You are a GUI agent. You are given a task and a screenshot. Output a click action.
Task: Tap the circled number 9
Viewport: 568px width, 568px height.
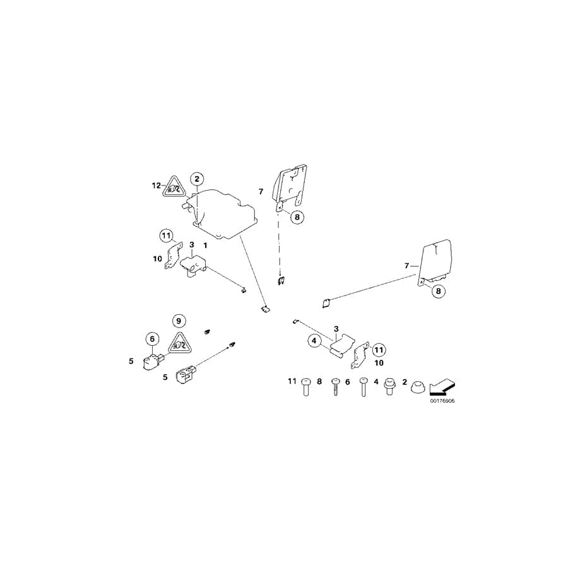(177, 321)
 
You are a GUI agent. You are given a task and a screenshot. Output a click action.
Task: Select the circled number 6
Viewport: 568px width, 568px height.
(151, 339)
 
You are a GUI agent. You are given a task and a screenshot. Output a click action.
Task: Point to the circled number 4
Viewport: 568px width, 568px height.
(314, 341)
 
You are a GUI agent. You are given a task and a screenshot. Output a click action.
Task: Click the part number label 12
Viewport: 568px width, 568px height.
(156, 186)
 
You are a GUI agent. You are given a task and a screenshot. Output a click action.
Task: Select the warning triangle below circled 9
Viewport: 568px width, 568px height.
(179, 343)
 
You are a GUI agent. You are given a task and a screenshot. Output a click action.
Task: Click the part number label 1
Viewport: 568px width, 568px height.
(205, 244)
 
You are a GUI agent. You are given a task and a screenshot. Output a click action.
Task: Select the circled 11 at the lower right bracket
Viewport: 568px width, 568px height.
(377, 349)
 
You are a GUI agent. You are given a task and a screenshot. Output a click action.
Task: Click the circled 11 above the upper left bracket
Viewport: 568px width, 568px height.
(165, 237)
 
